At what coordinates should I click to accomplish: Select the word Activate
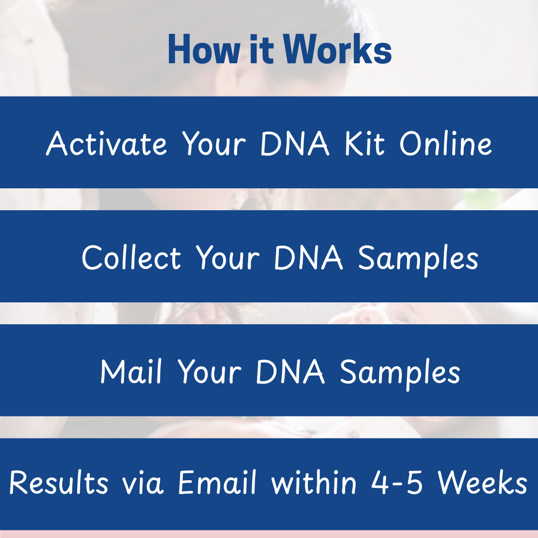point(107,143)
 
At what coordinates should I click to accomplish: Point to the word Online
point(445,143)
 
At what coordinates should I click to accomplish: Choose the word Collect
point(131,258)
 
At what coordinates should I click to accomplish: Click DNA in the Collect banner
point(309,258)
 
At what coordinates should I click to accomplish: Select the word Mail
point(131,372)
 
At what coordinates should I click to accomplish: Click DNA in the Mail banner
point(290,372)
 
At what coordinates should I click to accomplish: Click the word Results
point(58,482)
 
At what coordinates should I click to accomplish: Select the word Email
point(218,482)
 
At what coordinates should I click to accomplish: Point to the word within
point(314,482)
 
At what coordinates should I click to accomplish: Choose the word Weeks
point(482,482)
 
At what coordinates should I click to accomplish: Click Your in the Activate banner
point(213,143)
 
